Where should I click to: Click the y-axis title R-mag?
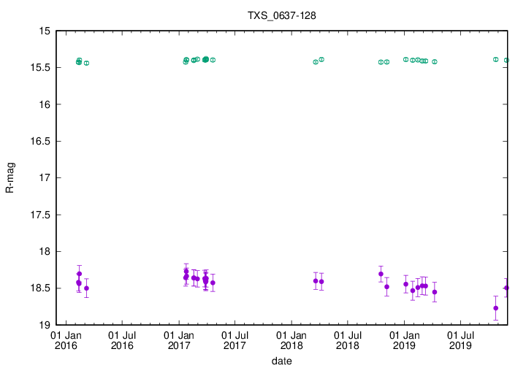(x=9, y=177)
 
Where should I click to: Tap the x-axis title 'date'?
(x=282, y=361)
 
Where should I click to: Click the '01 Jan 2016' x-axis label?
(x=66, y=340)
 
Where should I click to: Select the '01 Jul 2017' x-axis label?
(x=235, y=340)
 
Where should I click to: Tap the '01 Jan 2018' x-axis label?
(x=291, y=340)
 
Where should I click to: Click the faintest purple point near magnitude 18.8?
(x=496, y=308)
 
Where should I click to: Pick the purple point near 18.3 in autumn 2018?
(x=381, y=274)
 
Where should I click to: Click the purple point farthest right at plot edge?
(x=506, y=288)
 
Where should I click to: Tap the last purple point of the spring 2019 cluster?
(x=435, y=292)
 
